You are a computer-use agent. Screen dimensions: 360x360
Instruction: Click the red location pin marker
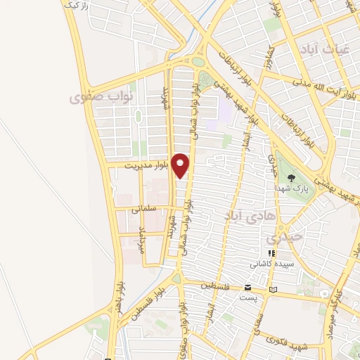point(181,165)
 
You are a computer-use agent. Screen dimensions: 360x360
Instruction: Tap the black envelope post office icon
point(247,288)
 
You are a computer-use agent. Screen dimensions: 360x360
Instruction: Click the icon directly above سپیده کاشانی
point(269,252)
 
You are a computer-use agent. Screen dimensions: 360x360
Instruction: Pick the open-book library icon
point(274,288)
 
